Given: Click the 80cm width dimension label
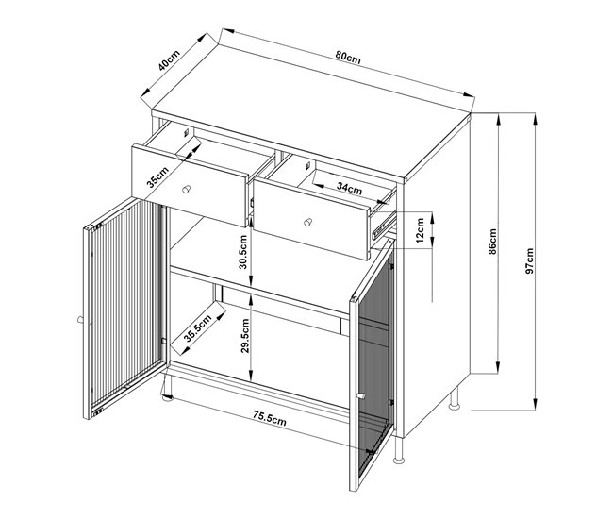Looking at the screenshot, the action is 348,58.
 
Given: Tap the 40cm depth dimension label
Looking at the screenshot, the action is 169,60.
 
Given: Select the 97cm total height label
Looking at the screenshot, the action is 530,260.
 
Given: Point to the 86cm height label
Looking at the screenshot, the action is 492,242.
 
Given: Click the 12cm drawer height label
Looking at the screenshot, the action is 420,230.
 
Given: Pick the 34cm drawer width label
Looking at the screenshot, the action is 349,189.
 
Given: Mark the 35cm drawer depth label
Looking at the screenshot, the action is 157,176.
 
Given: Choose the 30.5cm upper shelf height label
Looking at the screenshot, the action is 243,252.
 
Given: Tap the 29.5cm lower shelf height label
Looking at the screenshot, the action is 245,336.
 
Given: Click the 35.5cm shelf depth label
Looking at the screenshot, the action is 198,328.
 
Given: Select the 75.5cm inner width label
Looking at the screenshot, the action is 269,419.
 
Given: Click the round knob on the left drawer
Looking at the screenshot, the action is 187,189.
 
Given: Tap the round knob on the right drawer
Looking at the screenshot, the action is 308,222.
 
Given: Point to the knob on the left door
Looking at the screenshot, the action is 80,320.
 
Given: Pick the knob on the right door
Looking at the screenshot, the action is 361,396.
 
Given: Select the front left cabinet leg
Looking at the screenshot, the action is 168,389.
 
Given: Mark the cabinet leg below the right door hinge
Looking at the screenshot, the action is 399,451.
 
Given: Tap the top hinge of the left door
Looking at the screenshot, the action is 97,226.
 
